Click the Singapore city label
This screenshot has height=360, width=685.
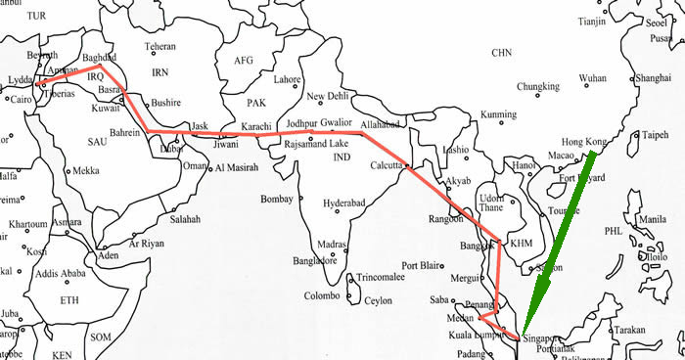pyautogui.click(x=545, y=338)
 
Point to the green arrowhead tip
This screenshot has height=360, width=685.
pyautogui.click(x=523, y=334)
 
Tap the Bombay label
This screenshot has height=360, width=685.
pyautogui.click(x=277, y=200)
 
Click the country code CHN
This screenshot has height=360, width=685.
pyautogui.click(x=502, y=52)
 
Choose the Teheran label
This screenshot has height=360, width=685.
pyautogui.click(x=160, y=46)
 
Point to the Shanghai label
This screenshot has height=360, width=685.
pyautogui.click(x=653, y=77)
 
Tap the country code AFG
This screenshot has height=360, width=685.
pyautogui.click(x=244, y=60)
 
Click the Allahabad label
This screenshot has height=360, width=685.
pyautogui.click(x=382, y=126)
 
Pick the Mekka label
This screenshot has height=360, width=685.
pyautogui.click(x=86, y=170)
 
